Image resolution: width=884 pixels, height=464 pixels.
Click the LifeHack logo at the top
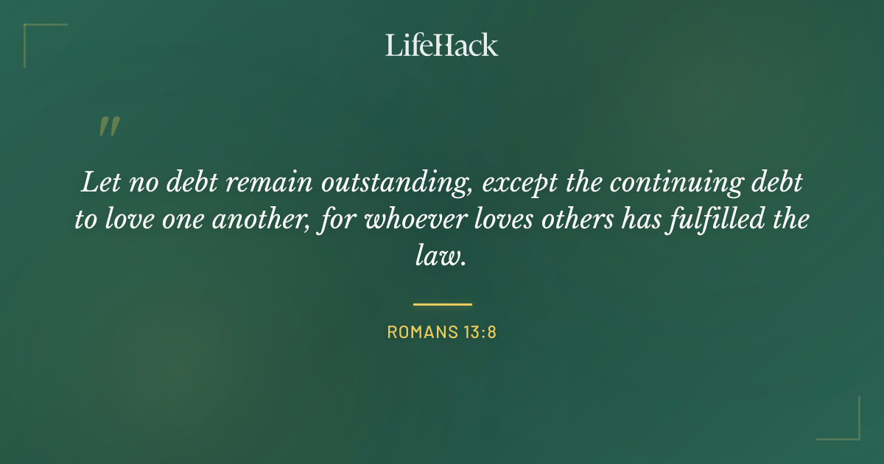(x=442, y=45)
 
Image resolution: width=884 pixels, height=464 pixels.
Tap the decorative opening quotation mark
(x=108, y=127)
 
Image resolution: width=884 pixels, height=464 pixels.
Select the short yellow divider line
(x=442, y=303)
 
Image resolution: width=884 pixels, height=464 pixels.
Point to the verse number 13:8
(x=480, y=332)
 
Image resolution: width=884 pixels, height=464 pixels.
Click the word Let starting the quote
(x=97, y=183)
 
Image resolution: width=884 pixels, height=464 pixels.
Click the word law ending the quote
(x=440, y=257)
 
